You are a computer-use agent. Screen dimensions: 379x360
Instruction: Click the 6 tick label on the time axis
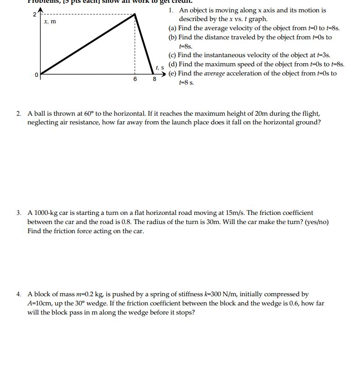(x=135, y=79)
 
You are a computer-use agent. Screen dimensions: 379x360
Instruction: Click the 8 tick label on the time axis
(x=154, y=79)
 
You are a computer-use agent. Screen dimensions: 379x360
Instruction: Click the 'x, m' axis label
(x=50, y=21)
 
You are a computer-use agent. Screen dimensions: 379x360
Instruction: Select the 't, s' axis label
(x=160, y=68)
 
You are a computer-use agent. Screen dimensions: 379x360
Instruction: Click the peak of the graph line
(x=135, y=14)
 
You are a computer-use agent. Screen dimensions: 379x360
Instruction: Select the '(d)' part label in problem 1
(x=173, y=64)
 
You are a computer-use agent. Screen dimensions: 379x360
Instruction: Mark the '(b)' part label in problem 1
(x=173, y=37)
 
